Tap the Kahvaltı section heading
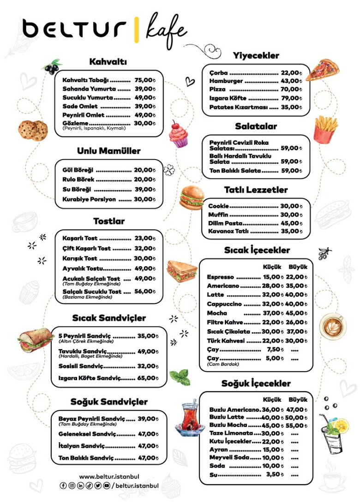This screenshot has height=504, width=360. (x=108, y=61)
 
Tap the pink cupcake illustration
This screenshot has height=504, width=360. (x=178, y=134)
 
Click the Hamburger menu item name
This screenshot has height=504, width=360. (x=226, y=81)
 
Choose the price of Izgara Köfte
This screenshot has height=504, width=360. (x=291, y=98)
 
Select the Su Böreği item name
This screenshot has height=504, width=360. (x=77, y=190)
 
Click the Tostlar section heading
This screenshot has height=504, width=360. (x=109, y=221)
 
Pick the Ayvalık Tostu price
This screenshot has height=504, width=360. (x=145, y=268)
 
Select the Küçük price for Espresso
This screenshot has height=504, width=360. (x=273, y=277)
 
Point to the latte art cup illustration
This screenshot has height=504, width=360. (x=332, y=326)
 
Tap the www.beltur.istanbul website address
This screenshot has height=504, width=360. (x=109, y=477)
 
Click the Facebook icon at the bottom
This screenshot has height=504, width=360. (x=64, y=486)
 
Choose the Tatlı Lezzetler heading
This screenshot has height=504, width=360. (x=256, y=190)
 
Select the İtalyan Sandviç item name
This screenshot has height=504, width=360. (x=81, y=446)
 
